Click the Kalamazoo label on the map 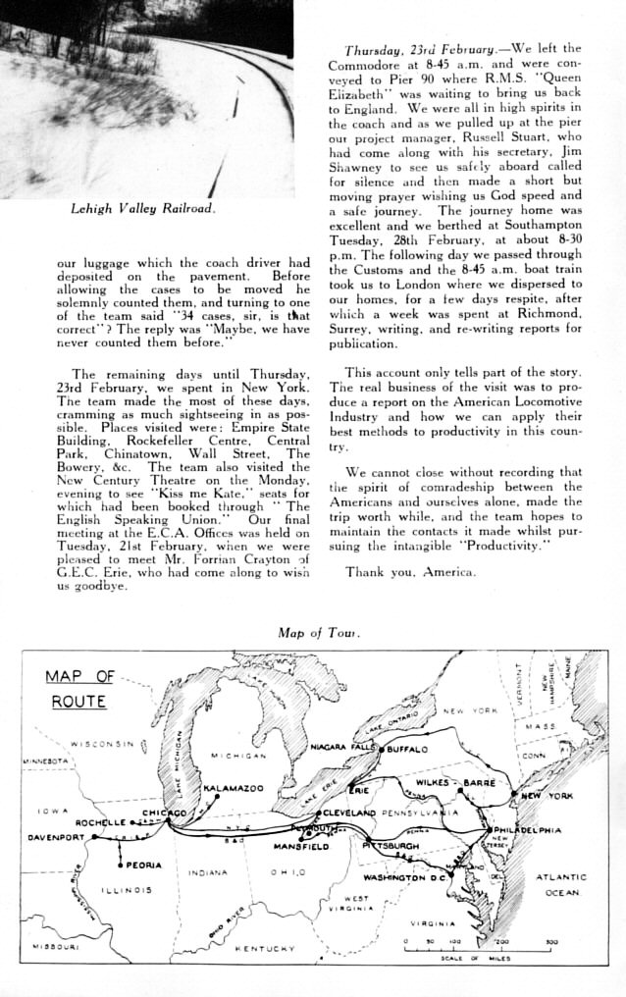(234, 788)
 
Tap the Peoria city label (143, 866)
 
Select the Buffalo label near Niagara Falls (407, 749)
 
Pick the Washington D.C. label (405, 877)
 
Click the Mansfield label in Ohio (300, 846)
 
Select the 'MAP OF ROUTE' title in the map (79, 689)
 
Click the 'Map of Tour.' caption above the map (319, 633)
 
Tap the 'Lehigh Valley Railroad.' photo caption (142, 209)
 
